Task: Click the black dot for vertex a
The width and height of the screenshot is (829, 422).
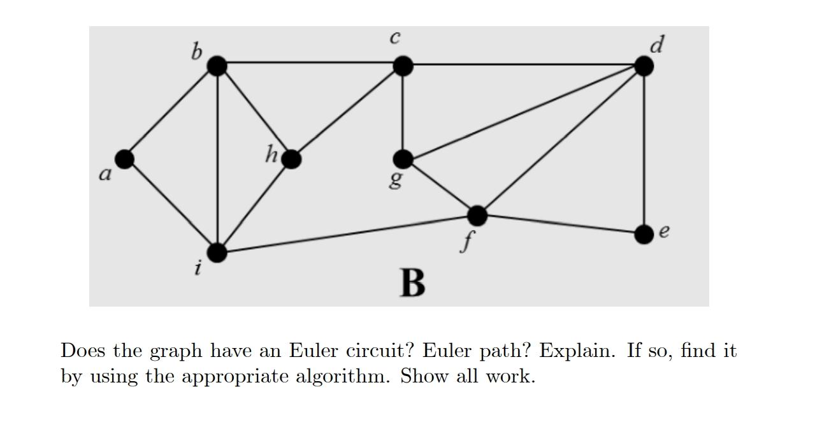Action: point(125,159)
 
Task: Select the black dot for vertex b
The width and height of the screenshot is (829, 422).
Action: point(217,65)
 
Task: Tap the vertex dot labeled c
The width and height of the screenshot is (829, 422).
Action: point(403,65)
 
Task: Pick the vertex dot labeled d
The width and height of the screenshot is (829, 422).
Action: point(644,66)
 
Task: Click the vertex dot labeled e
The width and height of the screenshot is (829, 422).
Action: point(644,234)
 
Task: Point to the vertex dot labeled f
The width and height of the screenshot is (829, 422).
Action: point(477,216)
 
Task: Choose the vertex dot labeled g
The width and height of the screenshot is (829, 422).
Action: point(403,159)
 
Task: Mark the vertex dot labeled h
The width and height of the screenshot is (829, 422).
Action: point(291,159)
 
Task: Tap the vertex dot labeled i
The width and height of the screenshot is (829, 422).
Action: point(217,252)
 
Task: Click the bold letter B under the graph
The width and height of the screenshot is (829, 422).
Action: point(412,283)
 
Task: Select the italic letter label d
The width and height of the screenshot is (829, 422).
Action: point(658,44)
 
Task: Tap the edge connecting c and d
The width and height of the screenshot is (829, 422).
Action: point(523,65)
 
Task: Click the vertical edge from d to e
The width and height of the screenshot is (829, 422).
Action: point(644,150)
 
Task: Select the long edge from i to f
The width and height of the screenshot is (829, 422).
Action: point(347,234)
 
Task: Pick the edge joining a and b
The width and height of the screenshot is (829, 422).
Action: point(171,112)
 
